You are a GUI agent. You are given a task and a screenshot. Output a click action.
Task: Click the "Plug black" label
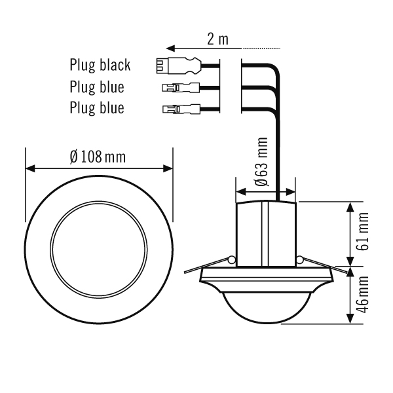click(x=100, y=65)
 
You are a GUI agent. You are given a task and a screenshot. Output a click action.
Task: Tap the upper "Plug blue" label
click(x=96, y=86)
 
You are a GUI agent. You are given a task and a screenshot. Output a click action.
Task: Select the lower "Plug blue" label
click(x=96, y=107)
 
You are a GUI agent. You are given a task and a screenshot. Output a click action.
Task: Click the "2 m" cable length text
click(x=217, y=39)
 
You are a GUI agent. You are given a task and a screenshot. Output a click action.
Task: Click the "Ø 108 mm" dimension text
click(x=98, y=157)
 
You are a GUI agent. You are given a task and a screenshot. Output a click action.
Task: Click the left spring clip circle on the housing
click(x=231, y=261)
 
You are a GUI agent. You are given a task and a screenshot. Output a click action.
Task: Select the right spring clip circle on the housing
click(x=299, y=261)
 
